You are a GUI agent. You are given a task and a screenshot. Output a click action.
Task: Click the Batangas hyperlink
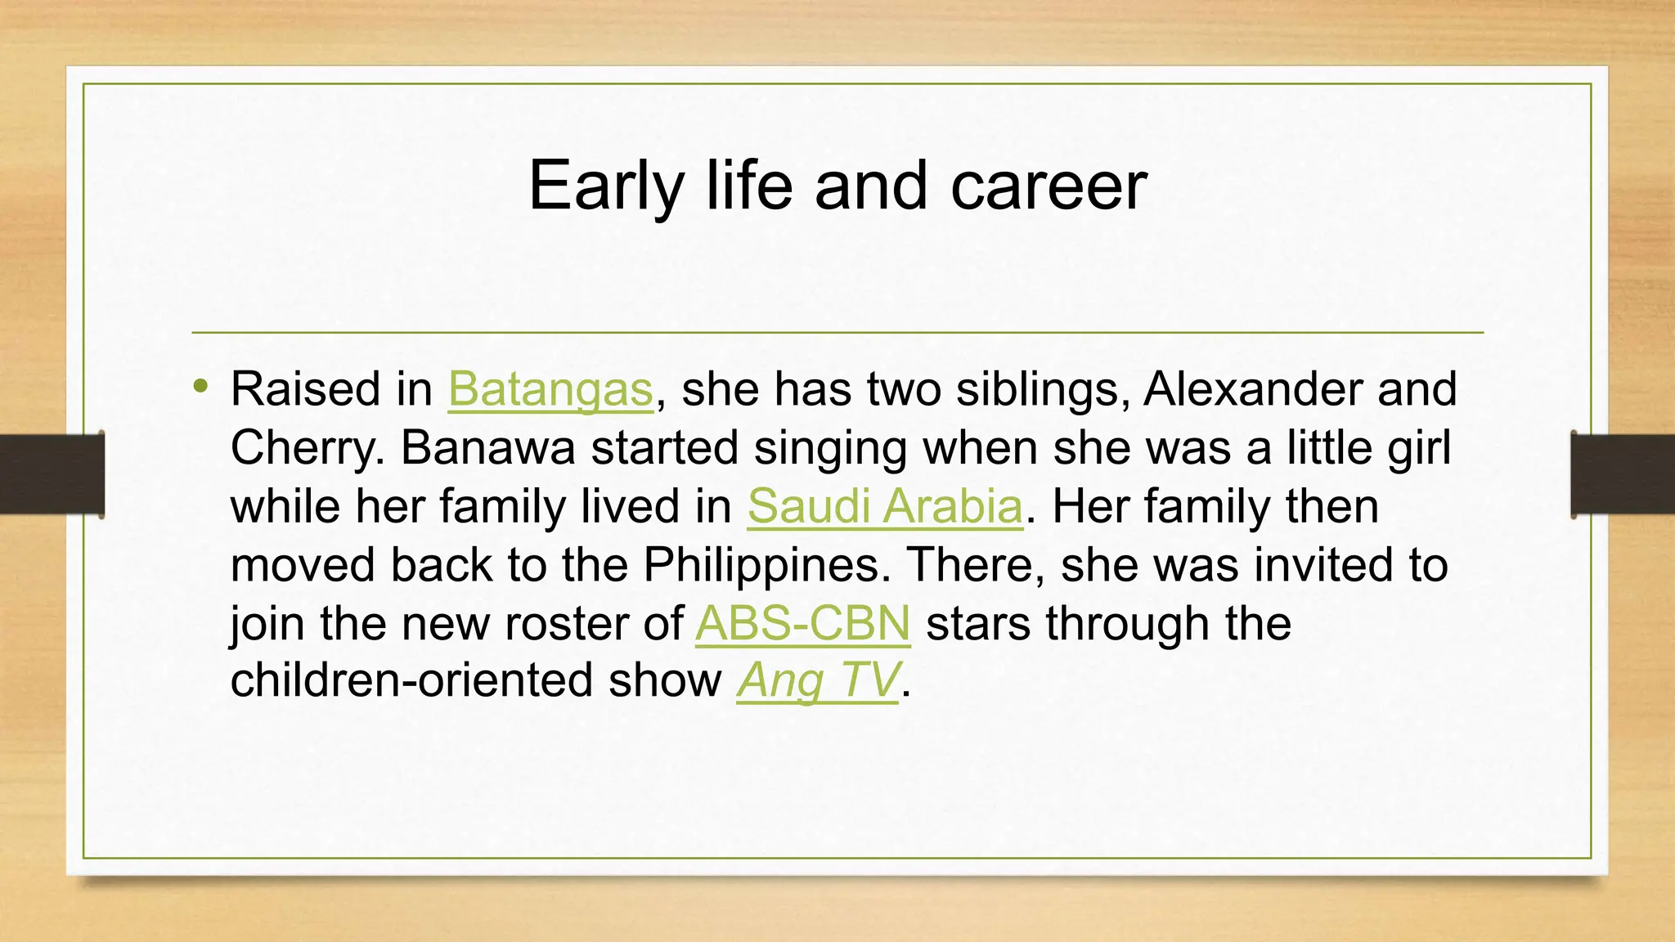click(x=550, y=389)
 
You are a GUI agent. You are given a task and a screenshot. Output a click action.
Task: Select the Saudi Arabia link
click(x=884, y=507)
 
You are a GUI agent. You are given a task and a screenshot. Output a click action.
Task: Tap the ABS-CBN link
click(x=802, y=624)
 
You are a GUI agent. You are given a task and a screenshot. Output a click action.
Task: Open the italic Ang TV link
click(x=818, y=680)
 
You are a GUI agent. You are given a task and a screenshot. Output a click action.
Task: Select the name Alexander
click(x=1252, y=389)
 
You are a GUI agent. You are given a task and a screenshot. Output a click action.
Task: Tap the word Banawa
click(x=488, y=448)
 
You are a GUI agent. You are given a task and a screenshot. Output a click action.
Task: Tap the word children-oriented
click(x=411, y=680)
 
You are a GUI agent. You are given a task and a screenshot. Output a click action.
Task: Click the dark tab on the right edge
click(x=1623, y=474)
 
